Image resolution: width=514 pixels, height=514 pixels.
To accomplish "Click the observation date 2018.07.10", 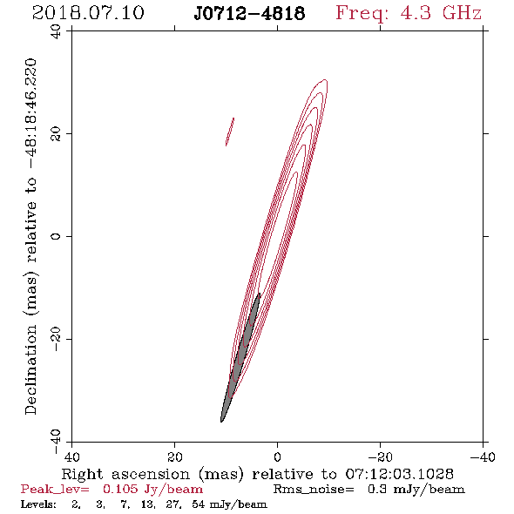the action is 88,13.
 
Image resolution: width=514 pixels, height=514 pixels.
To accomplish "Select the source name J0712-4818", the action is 249,13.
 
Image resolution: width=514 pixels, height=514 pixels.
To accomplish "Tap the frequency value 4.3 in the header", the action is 416,13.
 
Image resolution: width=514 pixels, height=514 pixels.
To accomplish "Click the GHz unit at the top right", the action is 462,13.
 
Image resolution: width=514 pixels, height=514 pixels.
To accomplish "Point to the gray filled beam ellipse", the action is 240,357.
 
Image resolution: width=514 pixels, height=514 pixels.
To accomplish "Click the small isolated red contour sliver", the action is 230,132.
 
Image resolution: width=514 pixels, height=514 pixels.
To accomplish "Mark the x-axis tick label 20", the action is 174,457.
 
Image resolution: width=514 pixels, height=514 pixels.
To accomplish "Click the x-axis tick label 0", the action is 277,457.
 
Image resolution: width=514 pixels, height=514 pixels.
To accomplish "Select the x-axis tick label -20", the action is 381,457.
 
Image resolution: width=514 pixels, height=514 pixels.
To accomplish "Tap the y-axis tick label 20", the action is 56,133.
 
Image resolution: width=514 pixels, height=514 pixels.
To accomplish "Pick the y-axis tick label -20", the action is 56,339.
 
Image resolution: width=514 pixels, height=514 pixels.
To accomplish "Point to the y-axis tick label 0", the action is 56,236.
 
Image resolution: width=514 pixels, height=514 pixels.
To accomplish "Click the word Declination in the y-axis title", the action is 30,369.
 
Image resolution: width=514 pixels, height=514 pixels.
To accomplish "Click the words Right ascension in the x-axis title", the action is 125,474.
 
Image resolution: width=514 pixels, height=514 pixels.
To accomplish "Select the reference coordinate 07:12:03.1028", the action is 399,474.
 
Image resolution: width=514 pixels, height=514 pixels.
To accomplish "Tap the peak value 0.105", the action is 120,489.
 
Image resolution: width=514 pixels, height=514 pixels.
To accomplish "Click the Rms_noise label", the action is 314,490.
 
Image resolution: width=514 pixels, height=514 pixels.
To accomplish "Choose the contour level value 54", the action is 199,504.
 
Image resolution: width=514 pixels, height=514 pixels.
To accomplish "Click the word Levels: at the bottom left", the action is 38,504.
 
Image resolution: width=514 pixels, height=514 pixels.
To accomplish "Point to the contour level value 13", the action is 147,504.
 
